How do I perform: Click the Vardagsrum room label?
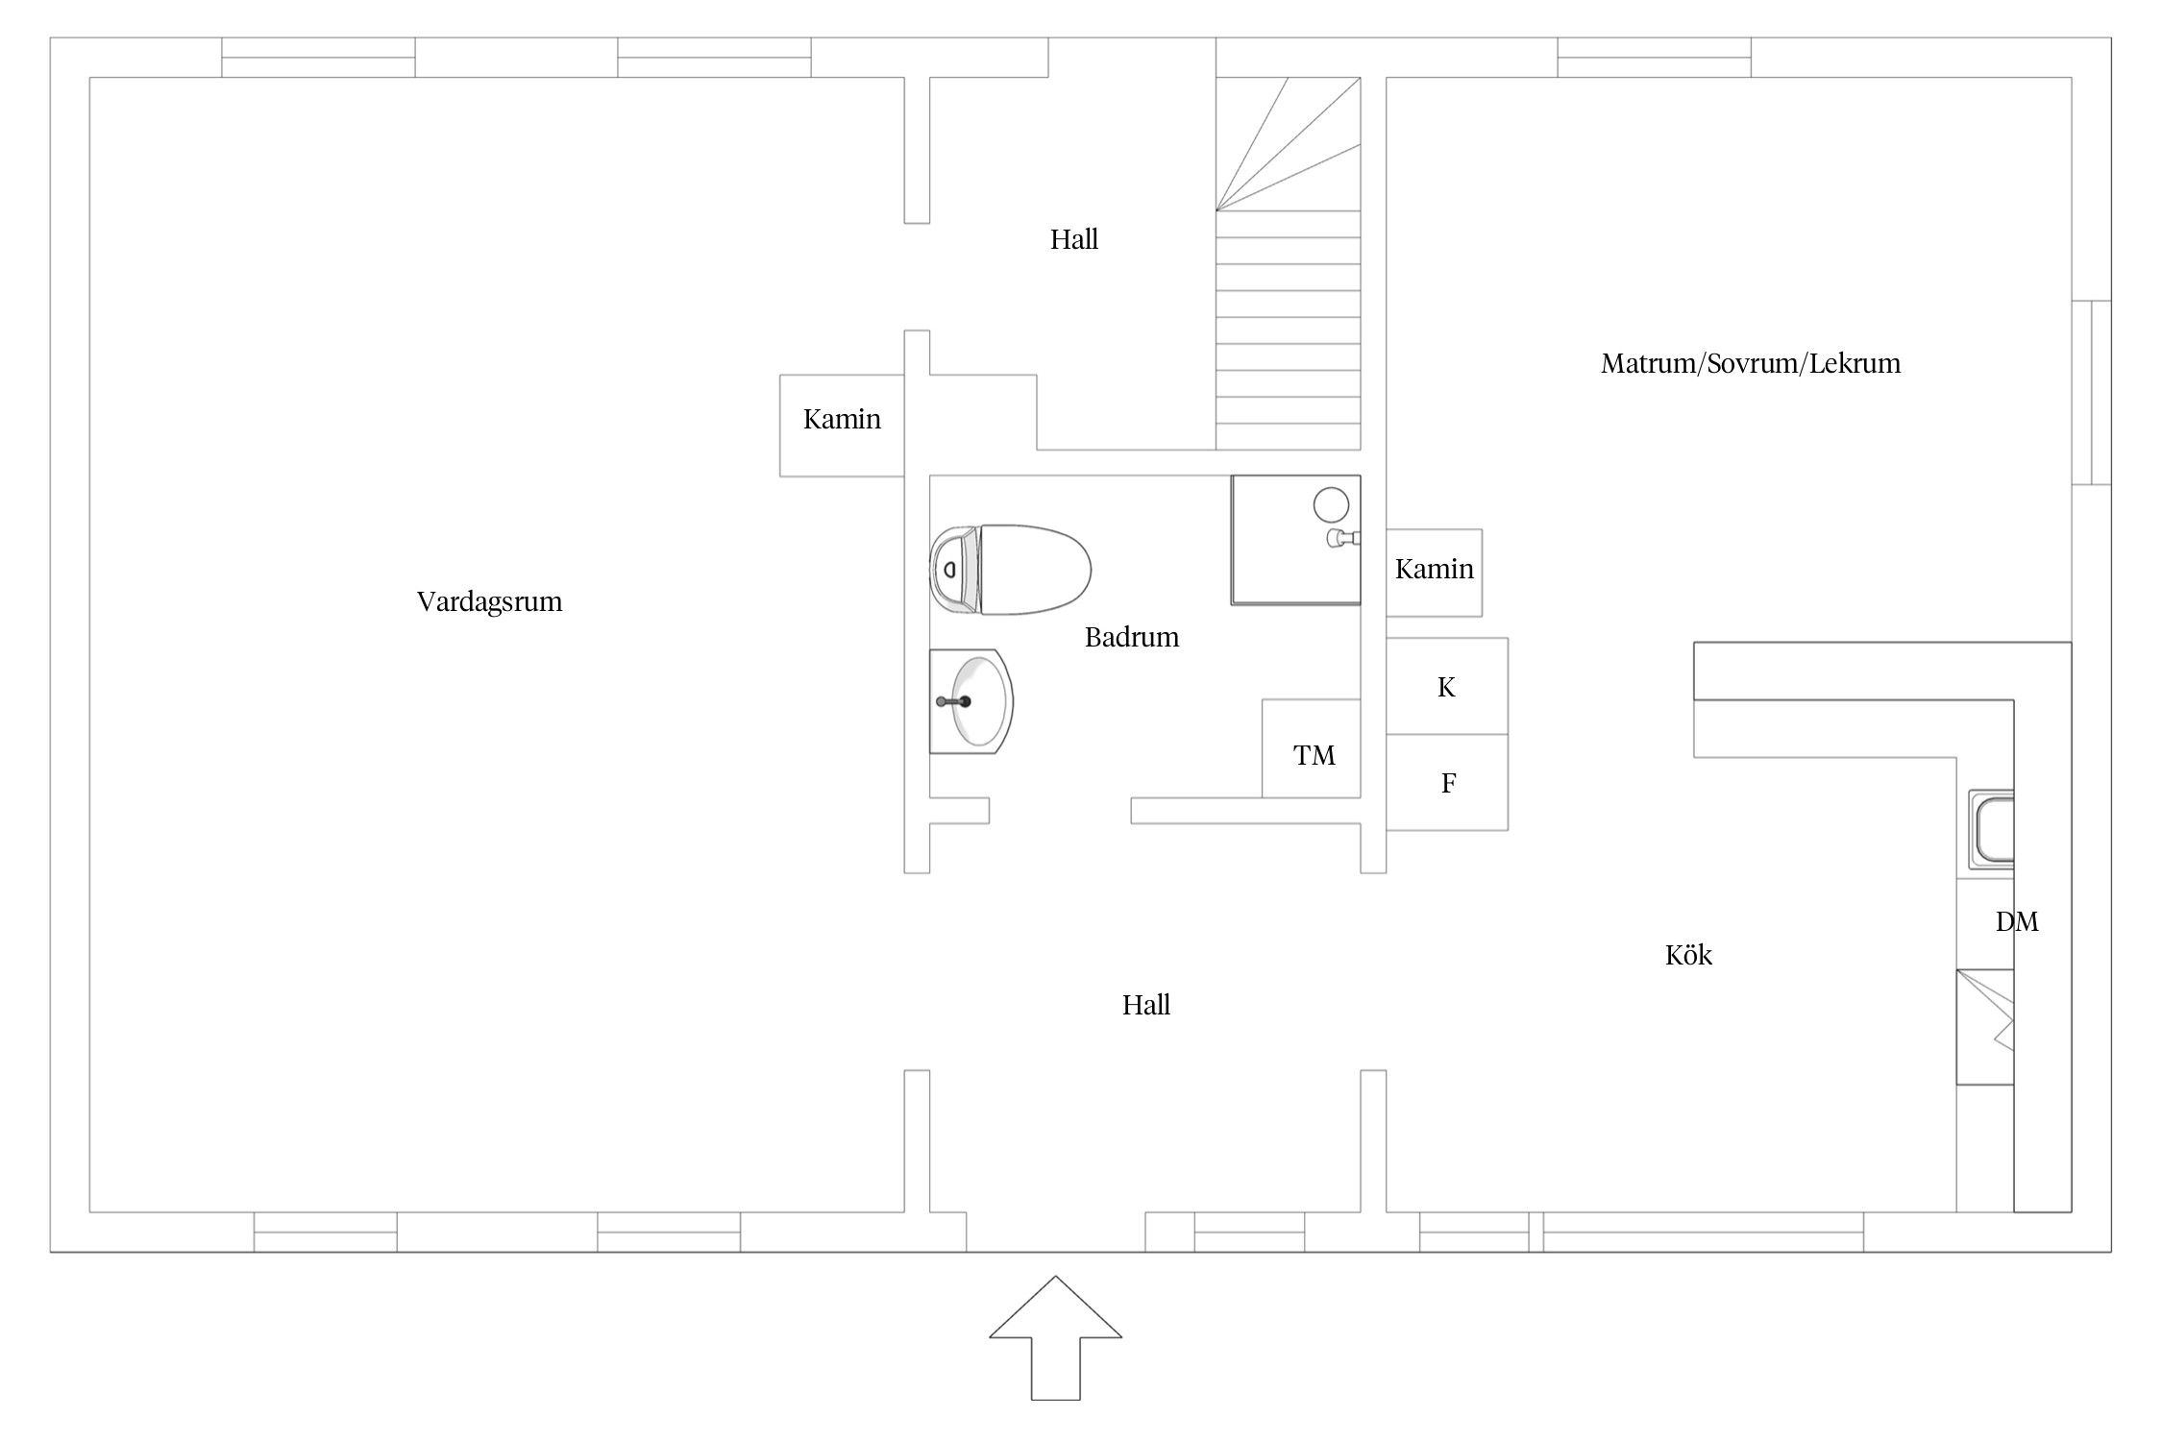tap(489, 602)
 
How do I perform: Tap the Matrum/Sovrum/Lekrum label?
tap(1751, 364)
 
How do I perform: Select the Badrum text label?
tap(1132, 637)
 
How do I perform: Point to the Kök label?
tap(1688, 955)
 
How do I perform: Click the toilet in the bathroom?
tap(1010, 570)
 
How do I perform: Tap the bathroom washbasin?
tap(970, 701)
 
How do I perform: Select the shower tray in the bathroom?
tap(1295, 540)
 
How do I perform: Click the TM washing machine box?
tap(1312, 748)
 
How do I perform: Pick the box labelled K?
tap(1447, 686)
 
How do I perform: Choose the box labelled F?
tap(1447, 783)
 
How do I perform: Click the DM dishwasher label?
tap(2017, 922)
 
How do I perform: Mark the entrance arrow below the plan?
tap(1056, 1337)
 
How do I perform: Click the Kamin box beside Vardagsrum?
tap(842, 426)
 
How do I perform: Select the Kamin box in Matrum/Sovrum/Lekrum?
tap(1434, 573)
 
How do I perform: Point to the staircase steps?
tap(1289, 264)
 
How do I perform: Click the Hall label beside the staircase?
tap(1074, 239)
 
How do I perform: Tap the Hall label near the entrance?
tap(1146, 1005)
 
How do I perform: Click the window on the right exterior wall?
tap(2091, 392)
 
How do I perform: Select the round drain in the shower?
tap(1331, 504)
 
